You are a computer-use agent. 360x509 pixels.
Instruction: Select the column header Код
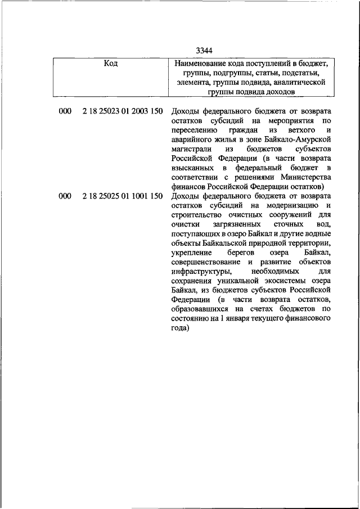click(x=111, y=63)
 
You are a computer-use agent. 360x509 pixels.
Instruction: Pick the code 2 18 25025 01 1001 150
click(x=122, y=196)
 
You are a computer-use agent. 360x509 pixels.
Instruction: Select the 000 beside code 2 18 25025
click(x=65, y=196)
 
